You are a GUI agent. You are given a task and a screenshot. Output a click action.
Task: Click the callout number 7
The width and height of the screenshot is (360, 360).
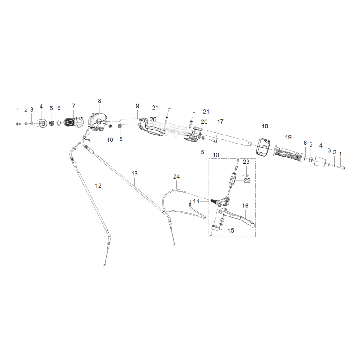click(73, 106)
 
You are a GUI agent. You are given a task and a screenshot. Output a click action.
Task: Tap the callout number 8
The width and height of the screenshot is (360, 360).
click(99, 101)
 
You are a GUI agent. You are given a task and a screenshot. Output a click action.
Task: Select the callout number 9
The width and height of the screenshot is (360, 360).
click(137, 106)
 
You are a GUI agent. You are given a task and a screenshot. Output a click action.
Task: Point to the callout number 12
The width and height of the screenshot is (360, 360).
click(98, 185)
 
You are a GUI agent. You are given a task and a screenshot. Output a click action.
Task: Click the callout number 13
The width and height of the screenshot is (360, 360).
click(135, 174)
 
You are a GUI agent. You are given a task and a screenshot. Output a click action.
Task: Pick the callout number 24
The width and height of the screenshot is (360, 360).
click(176, 176)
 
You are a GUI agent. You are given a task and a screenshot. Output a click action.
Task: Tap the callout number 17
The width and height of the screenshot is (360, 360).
click(220, 121)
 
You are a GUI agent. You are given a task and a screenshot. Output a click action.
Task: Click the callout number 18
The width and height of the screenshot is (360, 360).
click(265, 126)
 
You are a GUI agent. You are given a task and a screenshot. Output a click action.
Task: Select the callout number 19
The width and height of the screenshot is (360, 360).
click(288, 137)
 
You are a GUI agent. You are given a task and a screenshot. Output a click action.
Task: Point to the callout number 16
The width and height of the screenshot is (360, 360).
click(245, 206)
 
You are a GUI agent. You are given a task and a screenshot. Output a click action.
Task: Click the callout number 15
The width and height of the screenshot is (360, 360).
click(231, 230)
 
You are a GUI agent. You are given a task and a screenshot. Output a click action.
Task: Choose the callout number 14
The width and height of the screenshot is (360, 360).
click(196, 201)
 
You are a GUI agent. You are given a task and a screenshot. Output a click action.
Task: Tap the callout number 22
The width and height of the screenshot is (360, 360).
click(247, 180)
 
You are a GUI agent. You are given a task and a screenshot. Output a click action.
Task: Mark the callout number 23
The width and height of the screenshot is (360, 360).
click(246, 162)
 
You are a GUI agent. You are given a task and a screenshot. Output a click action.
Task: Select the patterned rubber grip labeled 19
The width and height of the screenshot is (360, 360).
click(287, 153)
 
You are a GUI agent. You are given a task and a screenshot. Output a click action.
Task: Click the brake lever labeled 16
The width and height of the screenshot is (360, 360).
click(237, 216)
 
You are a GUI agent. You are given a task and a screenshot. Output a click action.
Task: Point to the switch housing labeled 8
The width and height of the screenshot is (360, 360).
click(98, 122)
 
